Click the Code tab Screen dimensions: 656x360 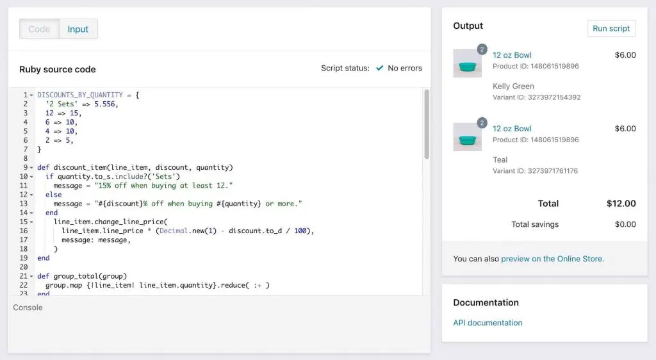click(39, 29)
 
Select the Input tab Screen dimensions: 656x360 click(78, 29)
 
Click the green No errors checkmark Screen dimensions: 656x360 click(379, 68)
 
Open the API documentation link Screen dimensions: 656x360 click(488, 323)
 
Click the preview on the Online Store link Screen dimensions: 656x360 click(552, 259)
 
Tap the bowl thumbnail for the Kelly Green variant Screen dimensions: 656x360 click(467, 63)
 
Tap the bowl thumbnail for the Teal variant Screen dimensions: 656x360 click(467, 137)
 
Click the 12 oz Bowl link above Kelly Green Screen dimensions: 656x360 click(512, 55)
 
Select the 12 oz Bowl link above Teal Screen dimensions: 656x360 click(512, 129)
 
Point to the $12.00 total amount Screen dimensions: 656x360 click(621, 204)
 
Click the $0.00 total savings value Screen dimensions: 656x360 click(625, 225)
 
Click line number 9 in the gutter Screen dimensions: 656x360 click(26, 167)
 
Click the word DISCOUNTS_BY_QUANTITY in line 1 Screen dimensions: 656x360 click(80, 95)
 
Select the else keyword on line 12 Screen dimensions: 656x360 click(54, 195)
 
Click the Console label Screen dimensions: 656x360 click(28, 307)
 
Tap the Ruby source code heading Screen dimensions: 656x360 click(57, 69)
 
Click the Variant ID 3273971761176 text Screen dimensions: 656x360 click(535, 171)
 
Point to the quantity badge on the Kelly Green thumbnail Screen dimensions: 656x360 click(482, 49)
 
